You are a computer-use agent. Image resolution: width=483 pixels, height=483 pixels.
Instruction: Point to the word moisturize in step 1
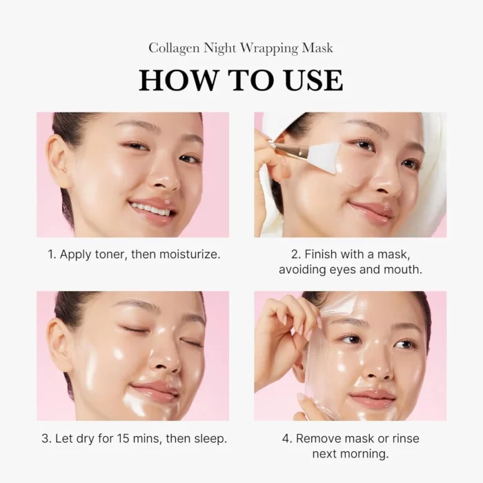188,254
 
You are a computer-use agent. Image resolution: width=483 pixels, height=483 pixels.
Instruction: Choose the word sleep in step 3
209,438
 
